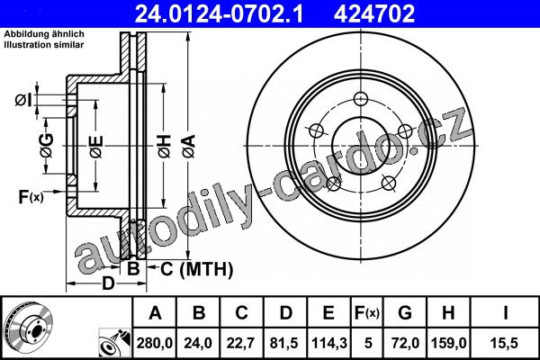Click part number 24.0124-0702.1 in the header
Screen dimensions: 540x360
click(219, 13)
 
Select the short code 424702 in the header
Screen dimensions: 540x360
click(374, 13)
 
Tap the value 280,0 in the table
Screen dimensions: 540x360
click(155, 343)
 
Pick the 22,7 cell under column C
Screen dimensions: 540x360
click(240, 343)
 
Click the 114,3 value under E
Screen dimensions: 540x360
click(329, 343)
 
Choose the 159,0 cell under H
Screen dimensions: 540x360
click(449, 343)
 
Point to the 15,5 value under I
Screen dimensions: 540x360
click(505, 343)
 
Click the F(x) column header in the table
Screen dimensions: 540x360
click(367, 313)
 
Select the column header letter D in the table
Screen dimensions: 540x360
click(285, 313)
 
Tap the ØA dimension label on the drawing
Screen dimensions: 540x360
click(189, 147)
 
